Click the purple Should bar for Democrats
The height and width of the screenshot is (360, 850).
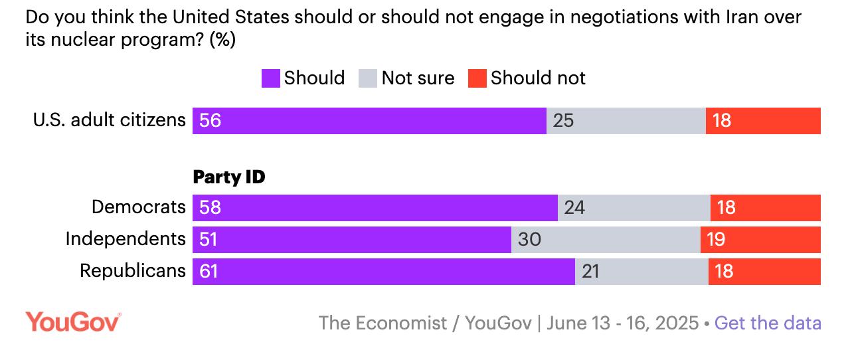(x=375, y=208)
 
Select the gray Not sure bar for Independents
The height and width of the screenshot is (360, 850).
(x=606, y=239)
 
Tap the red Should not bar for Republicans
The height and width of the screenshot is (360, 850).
(x=764, y=272)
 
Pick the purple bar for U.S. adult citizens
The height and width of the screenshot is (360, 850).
(x=369, y=121)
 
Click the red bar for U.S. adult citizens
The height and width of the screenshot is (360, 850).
(x=763, y=121)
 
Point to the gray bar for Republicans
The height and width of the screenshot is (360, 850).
(x=641, y=272)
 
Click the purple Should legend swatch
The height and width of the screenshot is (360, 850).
(x=270, y=78)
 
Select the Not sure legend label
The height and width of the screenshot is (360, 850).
(x=418, y=78)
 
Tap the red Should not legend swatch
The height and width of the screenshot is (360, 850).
(x=477, y=78)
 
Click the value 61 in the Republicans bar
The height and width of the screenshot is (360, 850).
(x=209, y=272)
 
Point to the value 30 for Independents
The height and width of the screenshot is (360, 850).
(x=529, y=239)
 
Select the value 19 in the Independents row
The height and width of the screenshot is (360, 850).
(x=716, y=239)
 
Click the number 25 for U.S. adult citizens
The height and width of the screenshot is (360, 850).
(x=563, y=121)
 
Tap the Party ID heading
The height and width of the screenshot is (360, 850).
(x=228, y=177)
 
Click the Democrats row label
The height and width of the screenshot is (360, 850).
(x=139, y=207)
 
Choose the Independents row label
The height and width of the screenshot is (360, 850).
(x=126, y=239)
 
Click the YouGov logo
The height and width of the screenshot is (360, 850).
(x=73, y=322)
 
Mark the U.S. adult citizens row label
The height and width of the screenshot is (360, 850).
(x=110, y=120)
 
